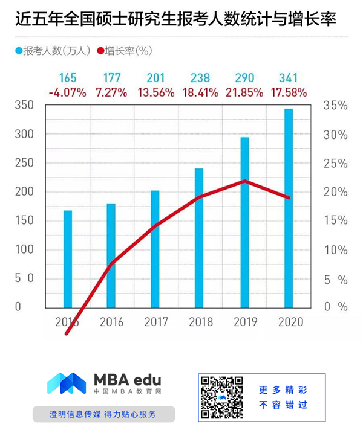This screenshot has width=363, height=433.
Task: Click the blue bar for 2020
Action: (x=289, y=208)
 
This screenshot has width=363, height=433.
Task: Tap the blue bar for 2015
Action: (x=68, y=258)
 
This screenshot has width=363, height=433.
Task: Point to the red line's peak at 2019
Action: (x=244, y=181)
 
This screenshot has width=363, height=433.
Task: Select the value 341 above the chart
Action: (x=289, y=78)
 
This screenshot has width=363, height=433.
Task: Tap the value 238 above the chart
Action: (x=200, y=78)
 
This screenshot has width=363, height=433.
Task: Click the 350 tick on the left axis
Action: (x=25, y=106)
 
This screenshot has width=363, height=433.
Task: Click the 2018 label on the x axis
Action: (x=200, y=321)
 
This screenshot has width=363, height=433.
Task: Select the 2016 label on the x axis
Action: (x=111, y=321)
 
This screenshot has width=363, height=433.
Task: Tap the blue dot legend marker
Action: (x=18, y=51)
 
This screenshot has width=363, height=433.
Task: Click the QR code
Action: (x=222, y=397)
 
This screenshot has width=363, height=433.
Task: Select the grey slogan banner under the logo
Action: (x=103, y=414)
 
